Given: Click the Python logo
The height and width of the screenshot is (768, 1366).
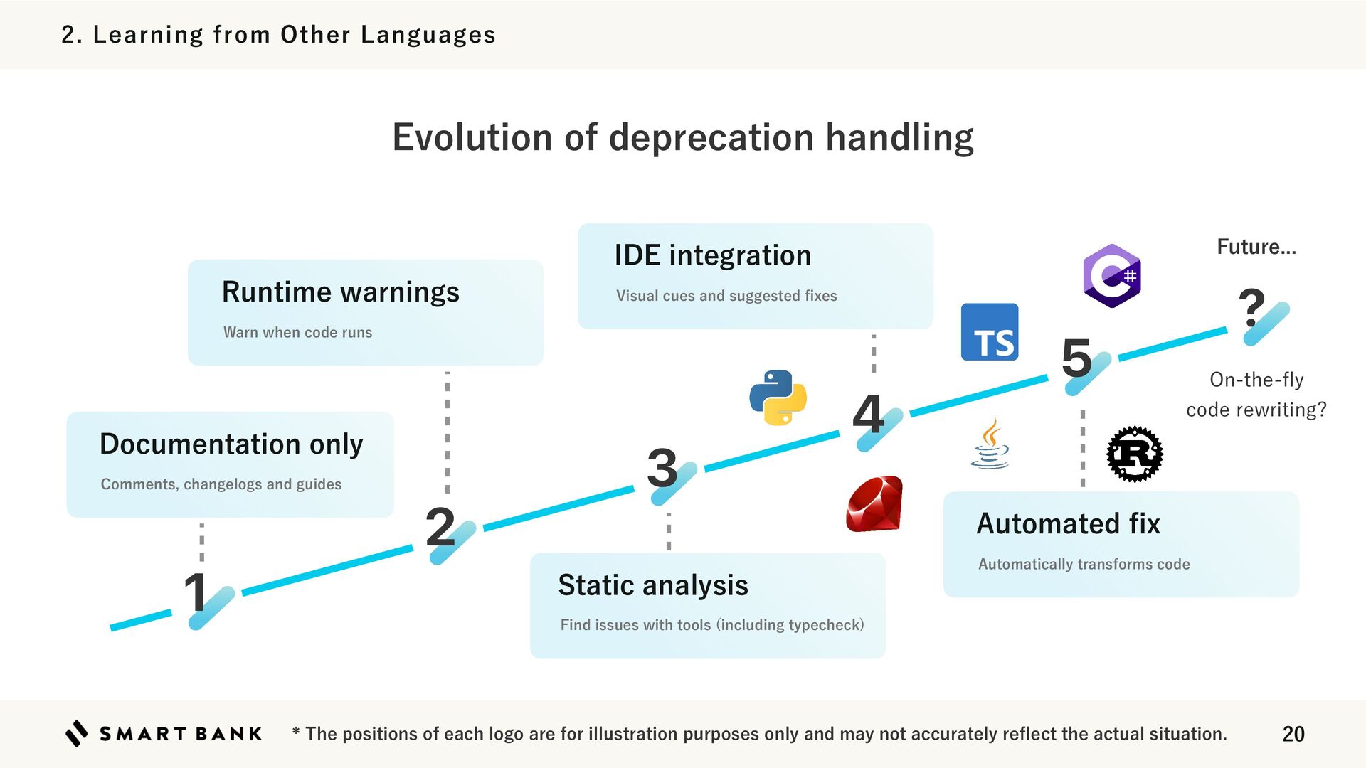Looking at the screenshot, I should coord(778,398).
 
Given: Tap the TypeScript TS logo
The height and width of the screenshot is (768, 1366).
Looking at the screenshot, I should coord(989,332).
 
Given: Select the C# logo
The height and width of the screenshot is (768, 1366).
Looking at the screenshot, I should coord(1112,275).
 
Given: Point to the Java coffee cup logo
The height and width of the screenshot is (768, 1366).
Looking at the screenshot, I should coord(990,444).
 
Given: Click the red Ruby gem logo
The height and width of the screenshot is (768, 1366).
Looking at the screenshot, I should coord(874,504).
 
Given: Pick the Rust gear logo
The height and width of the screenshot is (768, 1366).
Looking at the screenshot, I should coord(1135,454).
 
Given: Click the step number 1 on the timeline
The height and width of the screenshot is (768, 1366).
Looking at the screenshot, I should coord(195,592).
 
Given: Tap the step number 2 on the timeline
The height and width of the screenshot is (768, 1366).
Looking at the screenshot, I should coord(440,527).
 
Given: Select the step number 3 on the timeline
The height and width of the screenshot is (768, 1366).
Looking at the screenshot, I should coord(662,468).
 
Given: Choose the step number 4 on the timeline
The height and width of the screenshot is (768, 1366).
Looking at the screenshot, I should coord(868,414).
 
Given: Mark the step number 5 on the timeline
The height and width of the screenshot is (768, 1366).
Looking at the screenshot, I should coord(1076,357).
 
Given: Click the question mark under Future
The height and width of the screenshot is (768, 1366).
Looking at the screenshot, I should coord(1251,306).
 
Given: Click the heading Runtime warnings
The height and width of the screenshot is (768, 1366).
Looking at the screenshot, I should coord(340,292).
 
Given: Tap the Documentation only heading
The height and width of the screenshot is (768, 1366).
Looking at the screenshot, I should coord(231,444).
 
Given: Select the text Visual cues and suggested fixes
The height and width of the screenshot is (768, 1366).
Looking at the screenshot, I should coord(726,296).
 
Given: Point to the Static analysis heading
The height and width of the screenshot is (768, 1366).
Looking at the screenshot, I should coord(652,585).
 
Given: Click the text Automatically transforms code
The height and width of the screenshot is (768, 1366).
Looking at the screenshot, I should coord(1084,564).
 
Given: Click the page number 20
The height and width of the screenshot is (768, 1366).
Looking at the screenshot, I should coord(1293,734).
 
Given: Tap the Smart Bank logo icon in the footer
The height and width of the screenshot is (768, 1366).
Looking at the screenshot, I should coord(77,733).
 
